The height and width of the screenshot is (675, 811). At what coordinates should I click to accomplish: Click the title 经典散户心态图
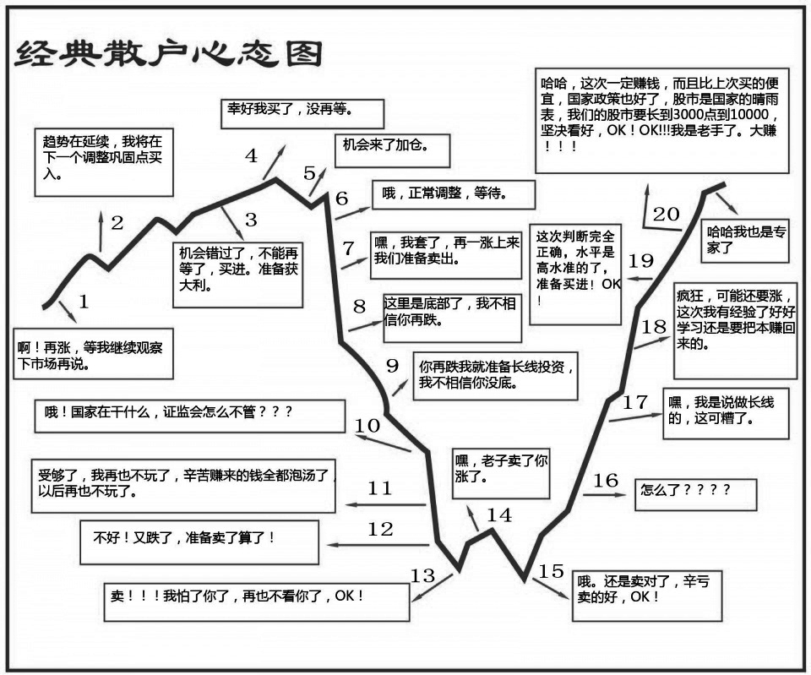(169, 54)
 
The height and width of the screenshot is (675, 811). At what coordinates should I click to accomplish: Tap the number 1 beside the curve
(84, 301)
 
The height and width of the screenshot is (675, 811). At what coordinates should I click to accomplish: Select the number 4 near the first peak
(251, 155)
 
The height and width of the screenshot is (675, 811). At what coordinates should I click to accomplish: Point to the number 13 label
(422, 575)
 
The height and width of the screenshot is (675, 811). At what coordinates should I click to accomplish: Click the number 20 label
(666, 214)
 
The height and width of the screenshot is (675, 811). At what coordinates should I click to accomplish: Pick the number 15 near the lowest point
(551, 571)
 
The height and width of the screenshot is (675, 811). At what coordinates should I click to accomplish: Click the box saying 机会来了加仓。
(393, 150)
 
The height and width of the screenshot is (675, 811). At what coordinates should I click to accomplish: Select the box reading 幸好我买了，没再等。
(302, 114)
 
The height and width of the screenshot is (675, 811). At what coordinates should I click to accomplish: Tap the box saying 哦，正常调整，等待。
(454, 194)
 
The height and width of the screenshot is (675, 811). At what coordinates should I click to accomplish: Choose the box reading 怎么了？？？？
(695, 494)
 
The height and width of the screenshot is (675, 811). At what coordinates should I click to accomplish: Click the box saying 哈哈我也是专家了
(745, 241)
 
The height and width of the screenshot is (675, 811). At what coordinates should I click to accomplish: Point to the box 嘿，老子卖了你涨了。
(501, 473)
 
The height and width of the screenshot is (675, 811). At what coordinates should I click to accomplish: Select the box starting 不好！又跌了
(199, 542)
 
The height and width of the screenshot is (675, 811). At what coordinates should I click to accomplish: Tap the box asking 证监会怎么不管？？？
(190, 416)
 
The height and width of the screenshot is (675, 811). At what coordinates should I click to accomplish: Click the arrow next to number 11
(385, 504)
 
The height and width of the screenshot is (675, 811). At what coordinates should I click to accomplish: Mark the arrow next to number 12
(378, 545)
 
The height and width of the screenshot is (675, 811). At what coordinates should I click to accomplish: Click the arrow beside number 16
(605, 494)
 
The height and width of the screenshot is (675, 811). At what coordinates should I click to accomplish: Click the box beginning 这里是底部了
(453, 318)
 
